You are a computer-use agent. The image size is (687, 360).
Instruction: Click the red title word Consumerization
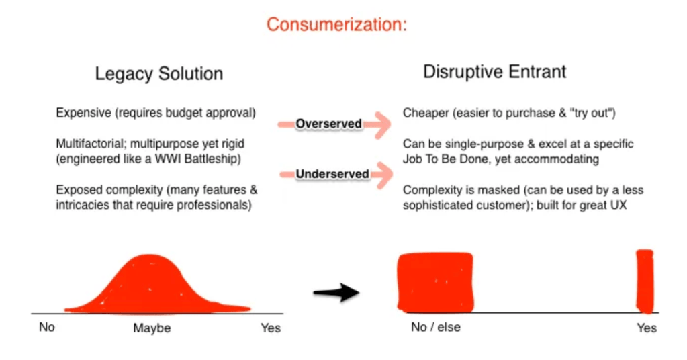click(x=336, y=25)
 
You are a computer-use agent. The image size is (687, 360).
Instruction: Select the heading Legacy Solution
click(x=159, y=74)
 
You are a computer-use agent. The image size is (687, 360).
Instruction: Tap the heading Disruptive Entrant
click(x=495, y=71)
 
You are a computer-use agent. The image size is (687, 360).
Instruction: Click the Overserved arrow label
click(x=328, y=124)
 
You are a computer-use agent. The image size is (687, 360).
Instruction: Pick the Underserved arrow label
click(x=332, y=174)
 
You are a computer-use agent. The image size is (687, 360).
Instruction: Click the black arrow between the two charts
click(x=336, y=293)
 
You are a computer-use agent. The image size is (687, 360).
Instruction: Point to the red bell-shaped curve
click(x=156, y=284)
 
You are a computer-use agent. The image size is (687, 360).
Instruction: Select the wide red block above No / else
click(x=435, y=283)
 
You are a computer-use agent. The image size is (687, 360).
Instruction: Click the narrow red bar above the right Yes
click(x=645, y=281)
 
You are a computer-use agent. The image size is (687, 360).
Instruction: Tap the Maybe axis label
click(x=152, y=328)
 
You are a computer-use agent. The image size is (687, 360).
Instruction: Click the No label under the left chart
click(x=47, y=327)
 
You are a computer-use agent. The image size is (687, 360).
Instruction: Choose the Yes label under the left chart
click(x=271, y=328)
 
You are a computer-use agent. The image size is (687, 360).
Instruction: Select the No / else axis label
click(x=436, y=327)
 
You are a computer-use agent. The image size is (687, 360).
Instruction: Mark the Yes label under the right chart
click(x=647, y=328)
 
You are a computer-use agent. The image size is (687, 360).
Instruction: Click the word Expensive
click(x=84, y=113)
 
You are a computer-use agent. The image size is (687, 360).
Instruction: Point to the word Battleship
click(x=213, y=159)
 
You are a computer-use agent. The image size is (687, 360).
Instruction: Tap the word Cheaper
click(x=426, y=113)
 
